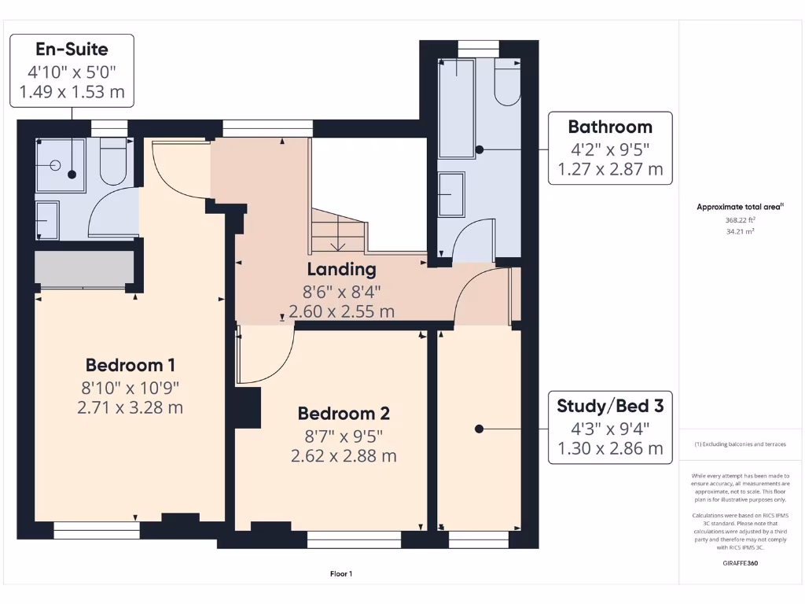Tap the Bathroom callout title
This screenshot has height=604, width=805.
(609, 127)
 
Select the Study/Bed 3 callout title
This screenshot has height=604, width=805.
(609, 406)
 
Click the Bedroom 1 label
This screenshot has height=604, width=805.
(130, 365)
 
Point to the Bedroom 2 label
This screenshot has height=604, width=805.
(343, 414)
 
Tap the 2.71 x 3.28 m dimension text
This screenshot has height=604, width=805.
(130, 407)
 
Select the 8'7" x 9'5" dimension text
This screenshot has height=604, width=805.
(343, 436)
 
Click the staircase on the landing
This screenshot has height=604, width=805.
(338, 230)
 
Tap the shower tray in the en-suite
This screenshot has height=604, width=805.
(59, 165)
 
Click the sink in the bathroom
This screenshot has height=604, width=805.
(450, 193)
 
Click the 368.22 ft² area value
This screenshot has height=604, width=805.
(739, 221)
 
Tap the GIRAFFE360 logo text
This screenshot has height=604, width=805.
(739, 563)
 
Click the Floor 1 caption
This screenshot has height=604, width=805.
(341, 574)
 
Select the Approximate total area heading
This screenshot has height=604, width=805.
(739, 207)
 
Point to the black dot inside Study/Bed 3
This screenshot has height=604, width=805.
(478, 429)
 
